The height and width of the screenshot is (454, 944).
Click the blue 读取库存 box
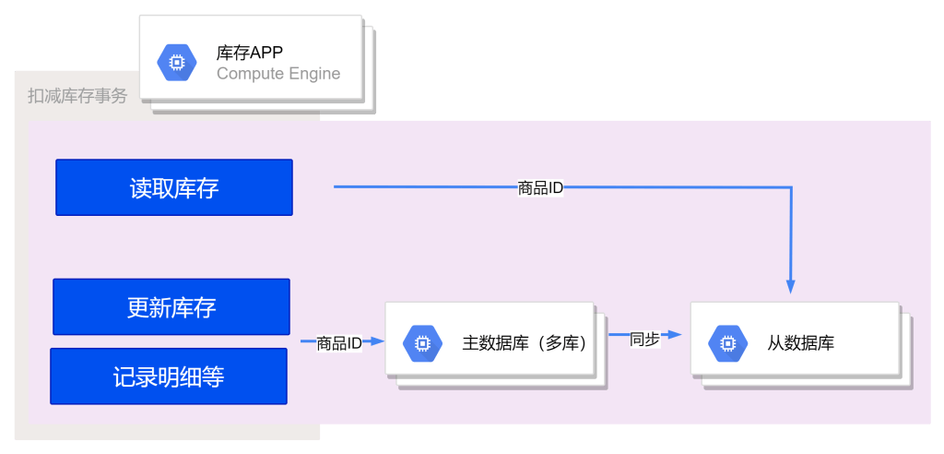point(174,187)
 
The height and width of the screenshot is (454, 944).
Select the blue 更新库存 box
point(171,306)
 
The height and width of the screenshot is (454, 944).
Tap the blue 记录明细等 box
point(169,376)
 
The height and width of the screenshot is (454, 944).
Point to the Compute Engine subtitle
point(278,74)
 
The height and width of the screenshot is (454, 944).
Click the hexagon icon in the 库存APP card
point(176,63)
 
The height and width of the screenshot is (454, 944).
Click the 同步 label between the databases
point(644,338)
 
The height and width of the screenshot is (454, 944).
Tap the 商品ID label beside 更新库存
point(338,343)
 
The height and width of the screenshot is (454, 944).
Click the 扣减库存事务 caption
point(77,96)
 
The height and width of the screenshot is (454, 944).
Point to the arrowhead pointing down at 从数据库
point(790,286)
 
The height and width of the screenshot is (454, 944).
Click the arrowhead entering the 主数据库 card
point(377,341)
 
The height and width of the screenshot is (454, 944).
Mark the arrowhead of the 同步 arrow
point(676,335)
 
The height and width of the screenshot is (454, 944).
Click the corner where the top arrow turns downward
point(790,188)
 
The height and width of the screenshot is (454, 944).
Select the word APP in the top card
point(266,53)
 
